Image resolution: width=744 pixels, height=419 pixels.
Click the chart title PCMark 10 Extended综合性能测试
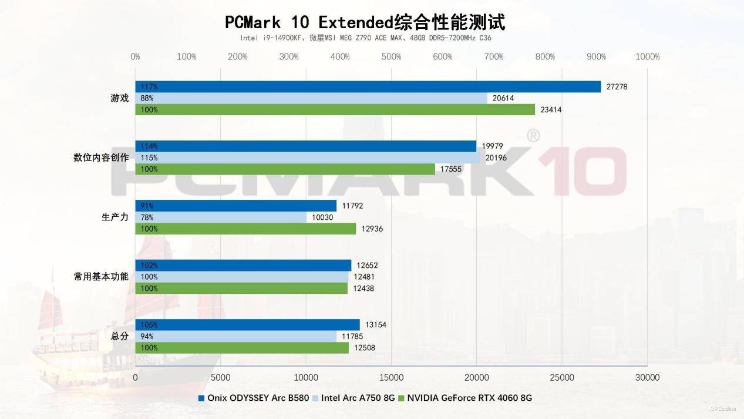click(x=365, y=22)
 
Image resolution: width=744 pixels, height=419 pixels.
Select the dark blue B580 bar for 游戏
click(x=368, y=86)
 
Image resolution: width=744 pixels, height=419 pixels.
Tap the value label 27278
click(x=616, y=87)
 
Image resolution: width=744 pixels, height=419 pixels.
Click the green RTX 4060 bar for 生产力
click(x=245, y=229)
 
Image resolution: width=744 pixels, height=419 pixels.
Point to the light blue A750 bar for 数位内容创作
click(x=308, y=157)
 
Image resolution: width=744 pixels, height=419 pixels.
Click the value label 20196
click(x=494, y=157)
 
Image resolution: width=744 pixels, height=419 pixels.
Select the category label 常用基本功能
click(x=101, y=276)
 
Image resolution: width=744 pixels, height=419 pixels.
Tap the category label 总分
click(x=119, y=336)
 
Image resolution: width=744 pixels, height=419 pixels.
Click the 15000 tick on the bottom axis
click(x=392, y=377)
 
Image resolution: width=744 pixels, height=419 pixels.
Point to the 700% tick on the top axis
click(x=494, y=56)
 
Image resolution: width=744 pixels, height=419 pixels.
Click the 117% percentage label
click(x=149, y=87)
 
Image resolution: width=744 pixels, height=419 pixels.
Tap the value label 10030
click(x=322, y=217)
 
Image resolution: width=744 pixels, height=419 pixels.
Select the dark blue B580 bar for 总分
click(x=247, y=324)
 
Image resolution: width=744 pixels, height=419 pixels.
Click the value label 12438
click(x=362, y=289)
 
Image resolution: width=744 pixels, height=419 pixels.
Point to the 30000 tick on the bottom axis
click(x=647, y=377)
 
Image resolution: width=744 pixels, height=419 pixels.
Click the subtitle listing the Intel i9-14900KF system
click(x=365, y=38)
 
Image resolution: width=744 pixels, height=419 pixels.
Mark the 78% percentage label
click(x=147, y=217)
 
